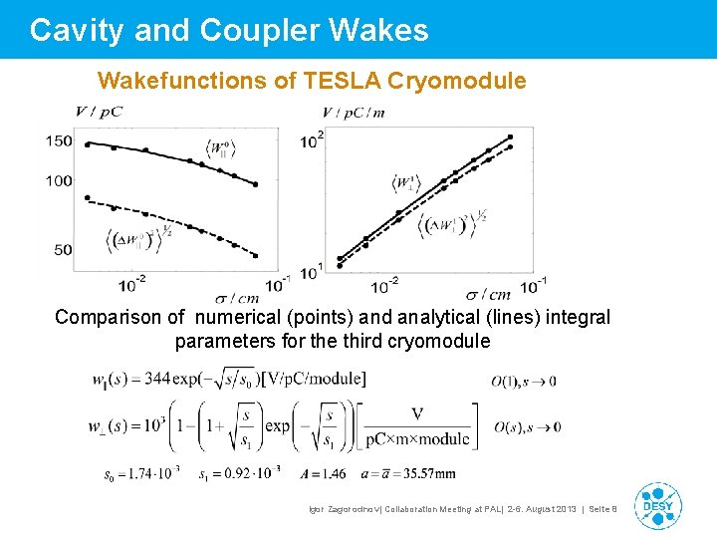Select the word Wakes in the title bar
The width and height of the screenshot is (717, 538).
383,31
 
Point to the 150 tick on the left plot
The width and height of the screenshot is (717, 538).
59,140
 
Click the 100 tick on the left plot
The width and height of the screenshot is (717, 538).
59,181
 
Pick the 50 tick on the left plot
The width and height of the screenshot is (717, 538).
63,249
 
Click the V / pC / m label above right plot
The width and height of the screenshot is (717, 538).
353,112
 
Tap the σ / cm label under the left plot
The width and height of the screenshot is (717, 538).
237,296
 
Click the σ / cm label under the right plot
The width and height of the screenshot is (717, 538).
488,294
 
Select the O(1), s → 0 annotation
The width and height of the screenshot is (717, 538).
524,381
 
